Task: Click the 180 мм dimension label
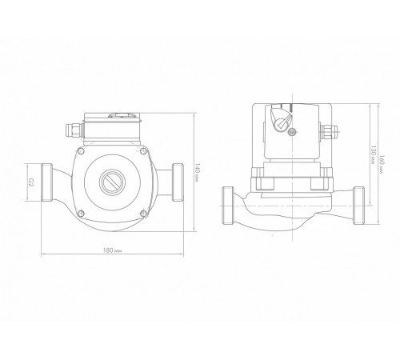(x=113, y=250)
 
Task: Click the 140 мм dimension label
(x=197, y=173)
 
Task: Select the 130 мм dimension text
(x=374, y=155)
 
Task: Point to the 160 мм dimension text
(x=382, y=165)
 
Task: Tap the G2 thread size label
(x=31, y=182)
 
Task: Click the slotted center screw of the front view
(x=112, y=182)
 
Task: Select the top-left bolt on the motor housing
(x=81, y=152)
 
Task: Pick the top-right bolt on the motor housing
(x=144, y=151)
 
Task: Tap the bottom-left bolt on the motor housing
(x=81, y=214)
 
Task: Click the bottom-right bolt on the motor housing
(x=144, y=213)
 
